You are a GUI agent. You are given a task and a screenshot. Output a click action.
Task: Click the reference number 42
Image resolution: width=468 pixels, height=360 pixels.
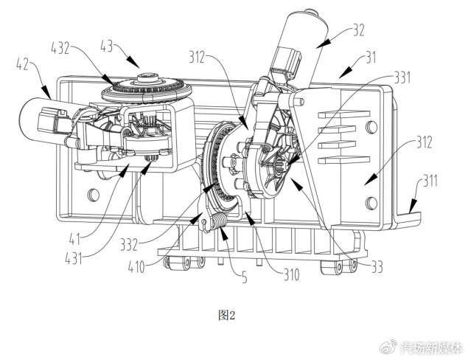tap(22, 64)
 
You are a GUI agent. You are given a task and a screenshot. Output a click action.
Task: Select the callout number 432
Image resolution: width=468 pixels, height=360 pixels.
tap(60, 48)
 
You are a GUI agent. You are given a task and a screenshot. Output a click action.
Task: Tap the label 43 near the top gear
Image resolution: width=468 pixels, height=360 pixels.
tap(106, 46)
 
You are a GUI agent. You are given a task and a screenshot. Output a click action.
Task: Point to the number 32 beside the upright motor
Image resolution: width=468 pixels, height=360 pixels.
tap(359, 30)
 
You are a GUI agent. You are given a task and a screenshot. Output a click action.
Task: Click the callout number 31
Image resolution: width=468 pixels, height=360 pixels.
tap(371, 58)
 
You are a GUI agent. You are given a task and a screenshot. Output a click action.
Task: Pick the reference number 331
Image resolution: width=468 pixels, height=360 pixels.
tap(402, 77)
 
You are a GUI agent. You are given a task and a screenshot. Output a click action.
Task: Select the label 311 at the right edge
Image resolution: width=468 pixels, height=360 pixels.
tap(429, 181)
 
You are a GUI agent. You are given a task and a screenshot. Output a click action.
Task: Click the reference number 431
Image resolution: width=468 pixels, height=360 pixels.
tap(74, 257)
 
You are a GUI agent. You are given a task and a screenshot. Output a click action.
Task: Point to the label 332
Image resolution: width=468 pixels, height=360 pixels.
tap(129, 245)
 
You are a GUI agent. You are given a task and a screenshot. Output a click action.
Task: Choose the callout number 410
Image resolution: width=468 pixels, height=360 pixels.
tap(136, 266)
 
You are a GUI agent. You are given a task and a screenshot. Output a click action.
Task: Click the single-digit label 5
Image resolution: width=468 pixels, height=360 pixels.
tap(245, 277)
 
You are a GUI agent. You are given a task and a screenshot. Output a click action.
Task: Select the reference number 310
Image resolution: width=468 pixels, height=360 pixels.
tap(291, 274)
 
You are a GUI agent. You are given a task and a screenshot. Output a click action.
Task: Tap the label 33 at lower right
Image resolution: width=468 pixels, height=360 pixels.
tap(377, 266)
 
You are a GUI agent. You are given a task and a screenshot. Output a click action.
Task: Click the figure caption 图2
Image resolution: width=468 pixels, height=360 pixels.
tap(227, 315)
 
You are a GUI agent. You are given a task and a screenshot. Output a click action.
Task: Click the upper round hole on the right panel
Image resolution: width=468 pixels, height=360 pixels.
tap(371, 127)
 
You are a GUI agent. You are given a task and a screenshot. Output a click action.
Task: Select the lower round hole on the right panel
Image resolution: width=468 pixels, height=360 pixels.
tap(371, 203)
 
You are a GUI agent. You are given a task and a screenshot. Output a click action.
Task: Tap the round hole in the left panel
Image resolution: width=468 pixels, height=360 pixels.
tap(93, 195)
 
